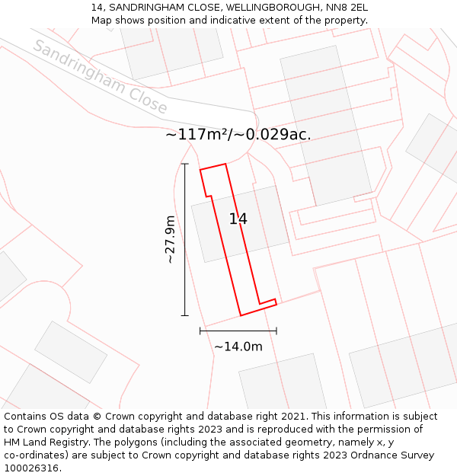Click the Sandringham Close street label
(x=100, y=77)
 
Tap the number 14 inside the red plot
(x=238, y=219)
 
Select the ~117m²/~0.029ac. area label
(x=238, y=135)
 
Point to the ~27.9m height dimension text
(x=171, y=239)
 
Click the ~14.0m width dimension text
(x=238, y=347)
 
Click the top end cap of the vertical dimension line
(x=185, y=164)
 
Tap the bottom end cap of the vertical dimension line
(x=185, y=315)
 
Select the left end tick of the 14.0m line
(x=200, y=331)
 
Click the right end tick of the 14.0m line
(x=276, y=331)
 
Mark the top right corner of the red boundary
(x=225, y=164)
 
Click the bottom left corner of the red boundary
(x=241, y=315)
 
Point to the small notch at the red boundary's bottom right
(x=274, y=302)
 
